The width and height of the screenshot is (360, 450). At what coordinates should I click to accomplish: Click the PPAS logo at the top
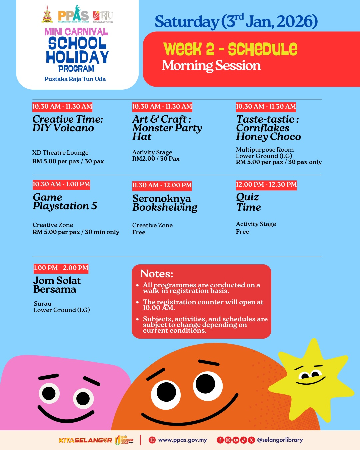73,14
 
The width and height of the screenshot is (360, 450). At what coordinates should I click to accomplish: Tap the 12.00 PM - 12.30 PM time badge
266,185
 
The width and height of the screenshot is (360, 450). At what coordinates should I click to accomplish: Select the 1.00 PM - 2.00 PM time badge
61,268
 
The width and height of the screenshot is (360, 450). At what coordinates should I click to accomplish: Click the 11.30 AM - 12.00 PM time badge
162,185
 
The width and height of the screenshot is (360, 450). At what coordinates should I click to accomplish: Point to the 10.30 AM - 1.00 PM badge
61,184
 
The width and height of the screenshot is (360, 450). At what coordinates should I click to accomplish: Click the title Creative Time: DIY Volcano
68,123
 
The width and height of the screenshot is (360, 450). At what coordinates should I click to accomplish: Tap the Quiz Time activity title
248,202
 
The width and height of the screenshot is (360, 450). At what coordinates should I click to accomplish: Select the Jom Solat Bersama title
57,285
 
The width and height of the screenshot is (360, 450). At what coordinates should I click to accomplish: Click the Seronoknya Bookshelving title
165,203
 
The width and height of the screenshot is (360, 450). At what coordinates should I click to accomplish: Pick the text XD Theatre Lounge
60,153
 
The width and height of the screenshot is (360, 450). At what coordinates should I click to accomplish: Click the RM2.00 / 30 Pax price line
156,159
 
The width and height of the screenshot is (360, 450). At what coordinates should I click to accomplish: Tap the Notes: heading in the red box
157,274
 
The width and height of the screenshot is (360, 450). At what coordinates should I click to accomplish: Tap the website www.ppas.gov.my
182,440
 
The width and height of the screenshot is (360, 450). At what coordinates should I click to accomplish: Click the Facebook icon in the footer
220,440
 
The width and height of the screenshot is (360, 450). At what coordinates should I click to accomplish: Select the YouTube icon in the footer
236,440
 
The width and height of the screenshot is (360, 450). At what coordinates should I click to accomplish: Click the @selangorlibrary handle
280,440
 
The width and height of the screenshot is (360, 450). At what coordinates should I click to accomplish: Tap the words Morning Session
211,66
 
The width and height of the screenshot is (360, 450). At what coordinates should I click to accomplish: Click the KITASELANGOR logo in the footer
85,440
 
